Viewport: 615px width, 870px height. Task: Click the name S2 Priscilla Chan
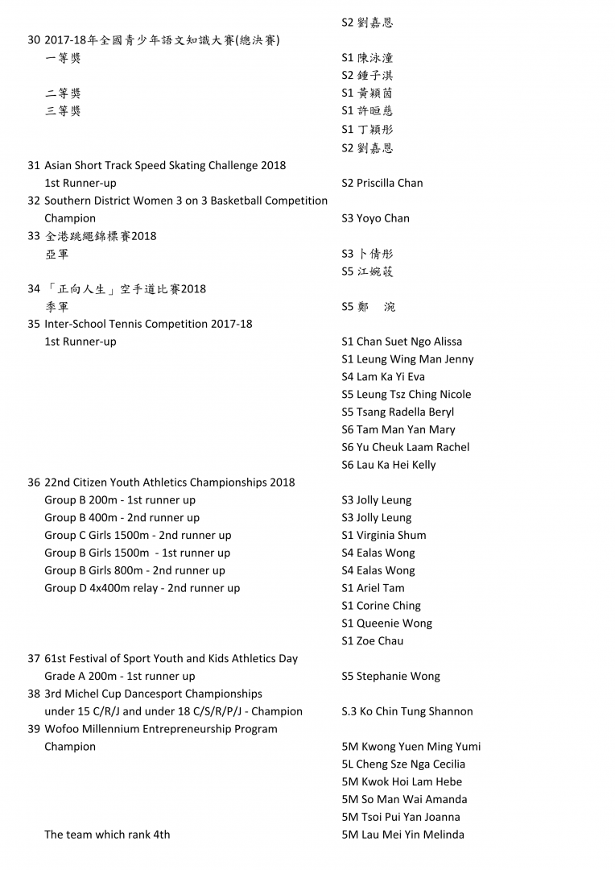[x=382, y=183]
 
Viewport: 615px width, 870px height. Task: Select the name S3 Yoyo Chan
[x=375, y=218]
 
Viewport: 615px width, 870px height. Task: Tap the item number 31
[x=34, y=165]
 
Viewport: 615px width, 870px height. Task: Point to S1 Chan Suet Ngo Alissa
[x=402, y=342]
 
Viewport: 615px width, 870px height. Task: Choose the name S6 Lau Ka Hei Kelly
[x=388, y=465]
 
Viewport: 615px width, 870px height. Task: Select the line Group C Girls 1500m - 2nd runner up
[x=138, y=535]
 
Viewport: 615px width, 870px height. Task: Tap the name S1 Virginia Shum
[x=384, y=535]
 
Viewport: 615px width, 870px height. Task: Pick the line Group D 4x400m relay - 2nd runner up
[x=142, y=588]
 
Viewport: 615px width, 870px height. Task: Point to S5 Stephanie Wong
[x=390, y=677]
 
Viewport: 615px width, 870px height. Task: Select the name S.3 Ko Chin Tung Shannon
[x=407, y=711]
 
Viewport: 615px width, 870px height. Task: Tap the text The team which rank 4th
[x=107, y=835]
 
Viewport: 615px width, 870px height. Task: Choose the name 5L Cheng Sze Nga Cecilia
[x=403, y=764]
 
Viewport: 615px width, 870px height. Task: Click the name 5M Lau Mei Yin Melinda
[x=402, y=835]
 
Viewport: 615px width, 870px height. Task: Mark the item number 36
[x=34, y=483]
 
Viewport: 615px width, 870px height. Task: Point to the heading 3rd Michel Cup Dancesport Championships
[x=153, y=694]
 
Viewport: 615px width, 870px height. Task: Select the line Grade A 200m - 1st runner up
[x=120, y=677]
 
